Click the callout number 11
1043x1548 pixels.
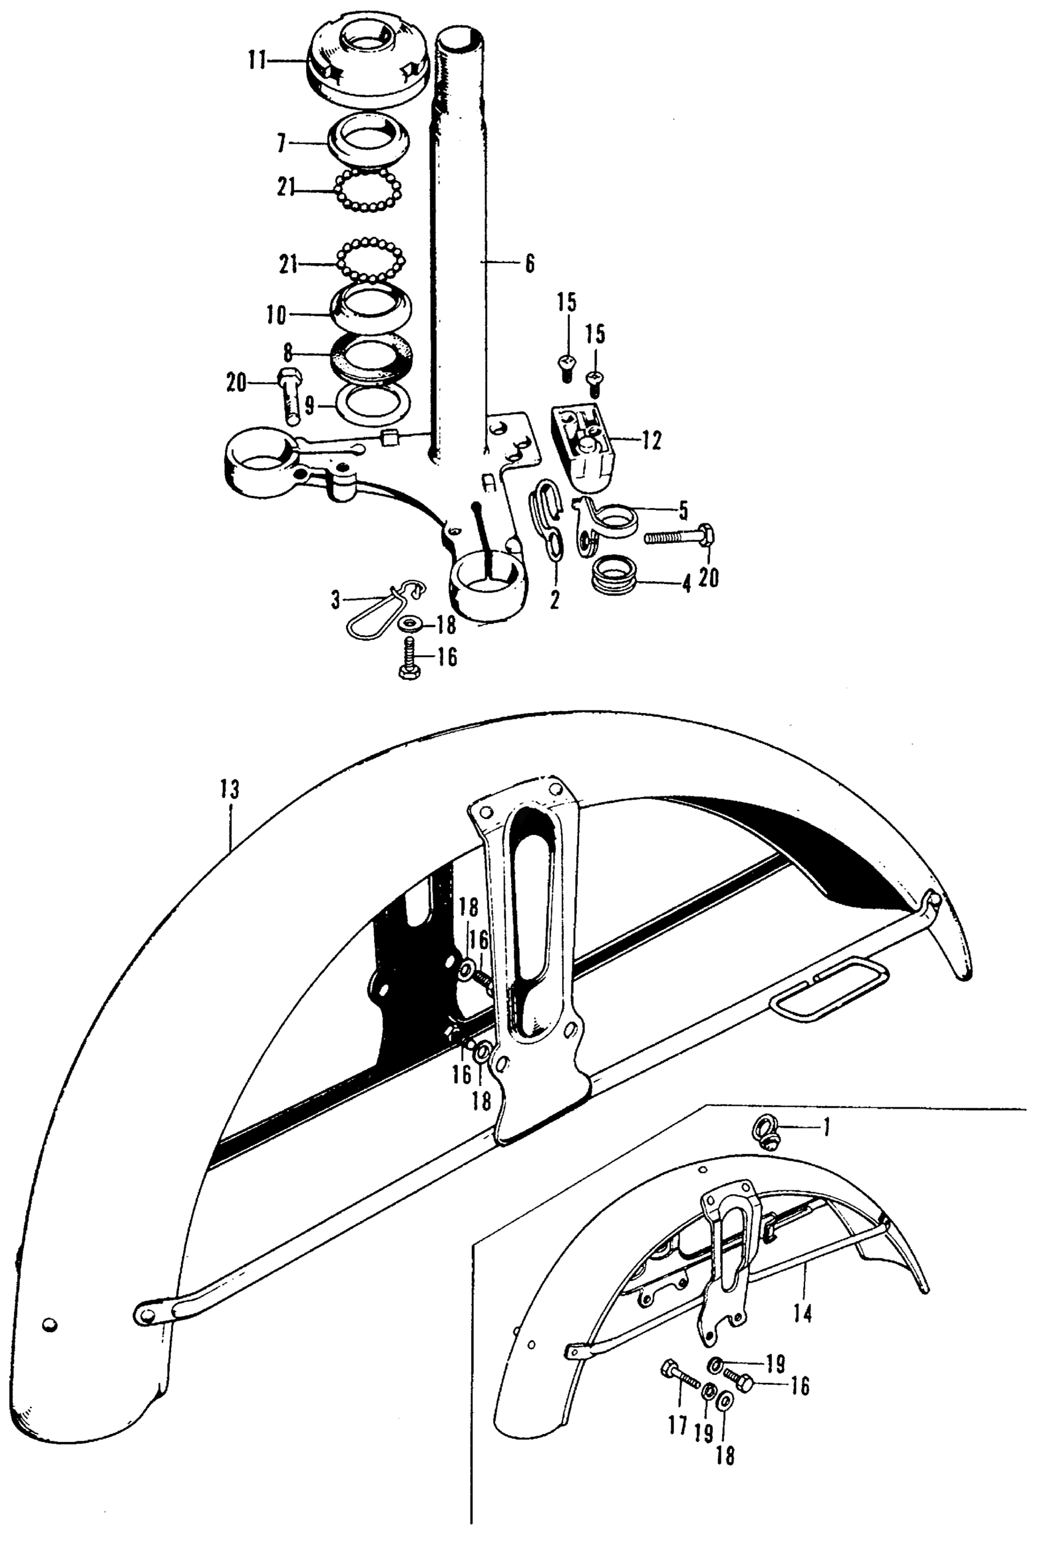[x=256, y=61]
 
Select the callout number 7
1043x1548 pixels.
[x=282, y=142]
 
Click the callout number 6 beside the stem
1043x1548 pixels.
[x=529, y=264]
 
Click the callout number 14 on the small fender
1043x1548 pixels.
[x=804, y=1314]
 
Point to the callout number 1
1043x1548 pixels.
[x=827, y=1127]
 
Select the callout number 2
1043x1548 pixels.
[x=554, y=600]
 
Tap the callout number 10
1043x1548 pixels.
[x=277, y=315]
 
